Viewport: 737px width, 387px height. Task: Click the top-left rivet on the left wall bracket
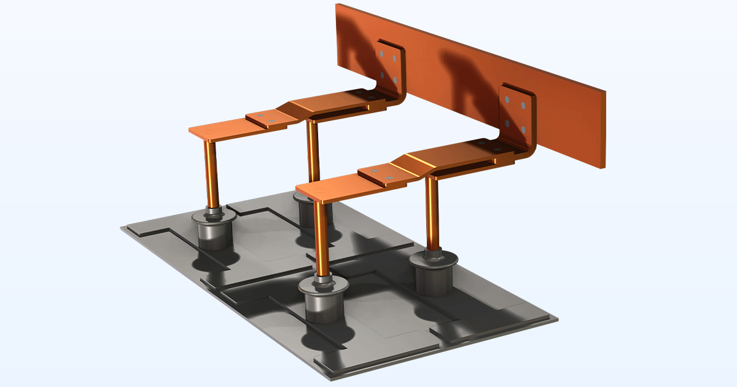(381, 55)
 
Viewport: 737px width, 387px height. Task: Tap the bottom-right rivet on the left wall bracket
(394, 80)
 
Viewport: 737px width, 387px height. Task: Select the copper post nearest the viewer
(321, 240)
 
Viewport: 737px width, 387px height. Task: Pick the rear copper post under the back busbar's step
(313, 157)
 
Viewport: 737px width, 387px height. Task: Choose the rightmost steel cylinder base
(434, 273)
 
